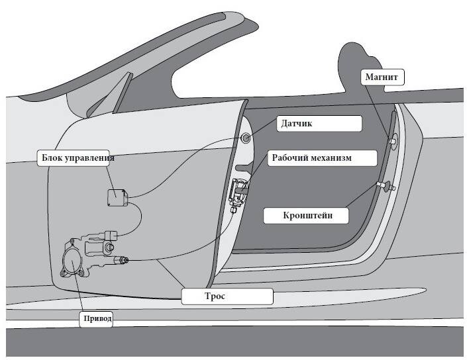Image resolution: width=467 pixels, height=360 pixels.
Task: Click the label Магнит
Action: [x=383, y=77]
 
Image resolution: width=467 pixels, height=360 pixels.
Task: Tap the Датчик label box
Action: [x=319, y=124]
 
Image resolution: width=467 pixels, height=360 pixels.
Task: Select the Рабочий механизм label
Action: [x=323, y=157]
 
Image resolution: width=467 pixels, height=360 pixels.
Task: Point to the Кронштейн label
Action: [x=306, y=216]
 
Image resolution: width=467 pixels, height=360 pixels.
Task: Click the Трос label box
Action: [x=227, y=296]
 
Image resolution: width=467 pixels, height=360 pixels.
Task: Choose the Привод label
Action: [x=96, y=319]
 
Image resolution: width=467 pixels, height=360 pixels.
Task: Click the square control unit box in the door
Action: [x=118, y=198]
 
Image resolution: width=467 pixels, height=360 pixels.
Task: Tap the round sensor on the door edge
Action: [x=246, y=138]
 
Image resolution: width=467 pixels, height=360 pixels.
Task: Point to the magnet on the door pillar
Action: [x=393, y=140]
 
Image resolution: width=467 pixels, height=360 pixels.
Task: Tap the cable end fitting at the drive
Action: [x=121, y=260]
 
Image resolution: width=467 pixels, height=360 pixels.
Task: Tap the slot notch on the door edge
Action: [x=244, y=167]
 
